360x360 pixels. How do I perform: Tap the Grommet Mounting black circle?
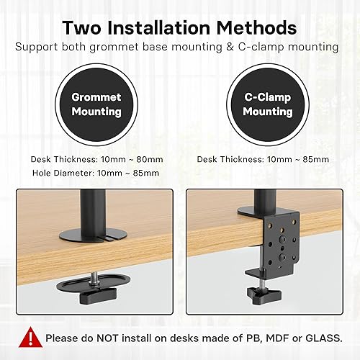click(96, 104)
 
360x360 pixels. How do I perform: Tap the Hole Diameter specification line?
click(95, 173)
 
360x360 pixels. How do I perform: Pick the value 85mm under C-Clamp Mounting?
click(315, 159)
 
